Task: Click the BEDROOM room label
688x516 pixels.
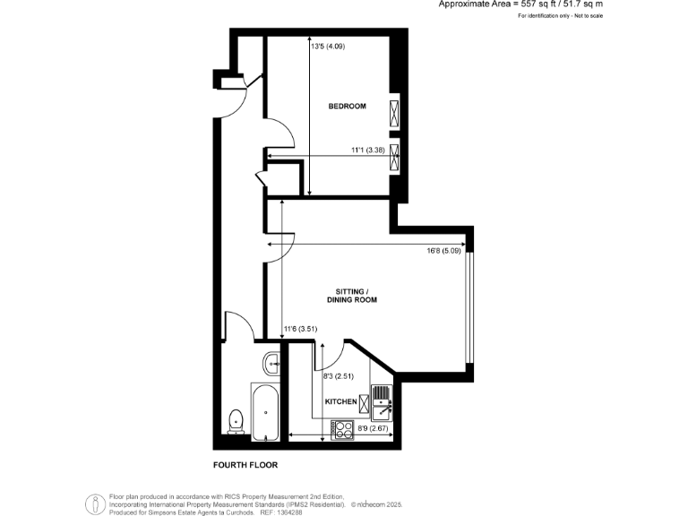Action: click(347, 107)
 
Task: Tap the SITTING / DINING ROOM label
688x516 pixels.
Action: click(356, 296)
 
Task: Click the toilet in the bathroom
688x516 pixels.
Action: click(236, 419)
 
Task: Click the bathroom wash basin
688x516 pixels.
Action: click(272, 363)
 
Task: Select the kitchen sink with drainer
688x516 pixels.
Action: click(381, 402)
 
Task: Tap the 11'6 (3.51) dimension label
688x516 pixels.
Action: click(300, 329)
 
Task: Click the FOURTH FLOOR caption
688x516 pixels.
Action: click(245, 465)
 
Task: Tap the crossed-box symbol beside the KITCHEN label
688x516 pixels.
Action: click(364, 402)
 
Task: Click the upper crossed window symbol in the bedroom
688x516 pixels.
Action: click(394, 114)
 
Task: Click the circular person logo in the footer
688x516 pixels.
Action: click(94, 504)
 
